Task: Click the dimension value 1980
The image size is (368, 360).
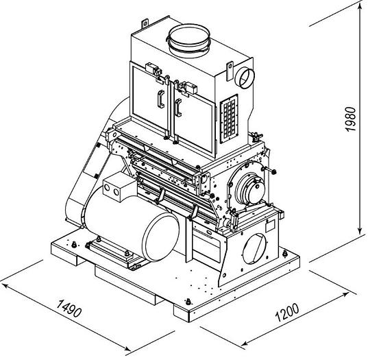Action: coord(351,119)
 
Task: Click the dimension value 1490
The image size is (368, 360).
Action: coord(69,308)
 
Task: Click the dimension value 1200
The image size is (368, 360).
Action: coord(287,313)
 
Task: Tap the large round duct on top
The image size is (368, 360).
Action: coord(189,41)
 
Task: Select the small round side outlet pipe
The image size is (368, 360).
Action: coord(245,78)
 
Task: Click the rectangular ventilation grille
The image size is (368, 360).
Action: coord(229,119)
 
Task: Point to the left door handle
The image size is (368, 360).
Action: coord(161,99)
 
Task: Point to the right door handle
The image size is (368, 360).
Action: coord(178,108)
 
